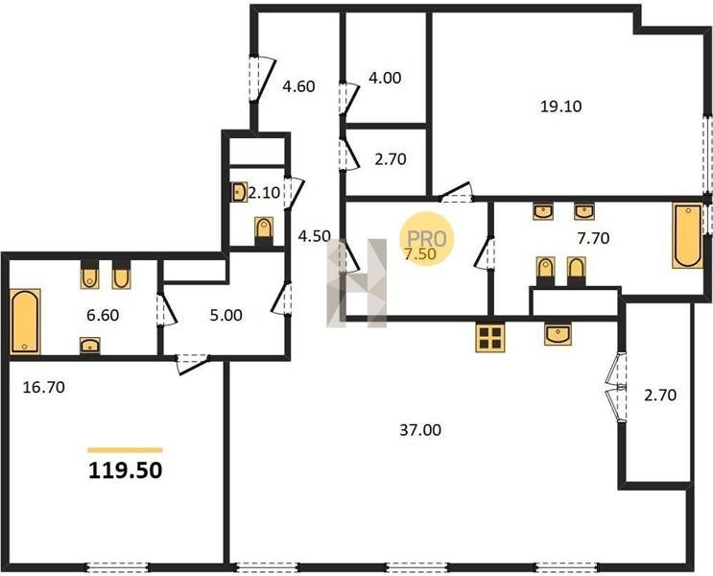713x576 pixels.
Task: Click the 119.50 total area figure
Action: coord(125,470)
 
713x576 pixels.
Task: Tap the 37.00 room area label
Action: coord(420,430)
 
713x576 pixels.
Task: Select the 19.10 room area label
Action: coord(561,107)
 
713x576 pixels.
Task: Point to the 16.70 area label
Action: coord(43,387)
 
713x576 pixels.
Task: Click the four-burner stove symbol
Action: coord(490,337)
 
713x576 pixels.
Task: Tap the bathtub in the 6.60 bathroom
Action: coord(26,322)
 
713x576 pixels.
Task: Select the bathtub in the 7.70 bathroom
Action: coord(687,236)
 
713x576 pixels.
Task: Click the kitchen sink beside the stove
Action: coord(559,334)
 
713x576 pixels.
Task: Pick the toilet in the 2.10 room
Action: coord(264,230)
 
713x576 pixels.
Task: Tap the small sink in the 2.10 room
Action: coord(239,192)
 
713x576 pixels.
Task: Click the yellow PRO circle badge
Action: coord(426,239)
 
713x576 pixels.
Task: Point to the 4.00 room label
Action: coord(385,78)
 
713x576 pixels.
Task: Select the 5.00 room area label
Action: coord(226,315)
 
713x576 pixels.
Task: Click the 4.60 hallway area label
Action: coord(298,86)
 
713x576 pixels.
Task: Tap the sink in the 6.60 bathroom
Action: coord(90,346)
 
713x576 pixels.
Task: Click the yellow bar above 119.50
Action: coord(125,450)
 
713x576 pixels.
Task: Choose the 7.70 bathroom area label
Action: coord(593,238)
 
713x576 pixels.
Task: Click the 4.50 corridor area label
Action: coord(314,236)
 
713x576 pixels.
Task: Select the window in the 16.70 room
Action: coord(117,567)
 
